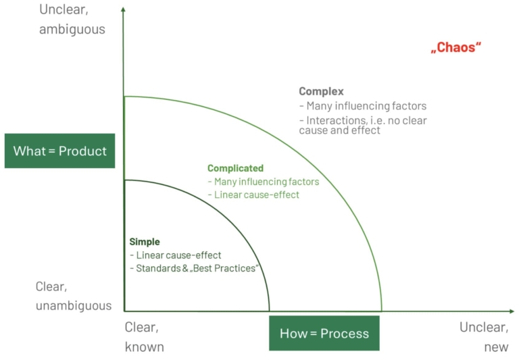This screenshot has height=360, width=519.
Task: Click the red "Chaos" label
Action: pos(458,48)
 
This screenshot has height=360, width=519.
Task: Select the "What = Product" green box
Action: pos(60,151)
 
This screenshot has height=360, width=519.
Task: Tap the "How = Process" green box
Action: pos(324,333)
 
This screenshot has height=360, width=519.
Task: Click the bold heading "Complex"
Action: pos(321,91)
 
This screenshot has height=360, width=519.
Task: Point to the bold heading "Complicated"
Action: pos(235,168)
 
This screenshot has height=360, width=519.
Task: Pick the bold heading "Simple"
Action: pos(145,242)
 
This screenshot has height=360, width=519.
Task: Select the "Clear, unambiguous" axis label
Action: pos(73,296)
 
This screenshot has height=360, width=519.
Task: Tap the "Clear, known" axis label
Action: pos(144,336)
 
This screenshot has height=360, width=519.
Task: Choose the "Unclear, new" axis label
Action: pos(483,336)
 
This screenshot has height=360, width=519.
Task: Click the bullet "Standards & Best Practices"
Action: pos(195,269)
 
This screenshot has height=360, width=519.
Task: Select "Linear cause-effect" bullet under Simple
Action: pos(176,255)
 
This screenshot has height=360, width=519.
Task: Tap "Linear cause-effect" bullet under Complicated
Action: pos(253,195)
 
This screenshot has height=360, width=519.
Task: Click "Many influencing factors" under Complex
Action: pos(363,106)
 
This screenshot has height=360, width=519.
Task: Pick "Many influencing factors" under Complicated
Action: pos(264,182)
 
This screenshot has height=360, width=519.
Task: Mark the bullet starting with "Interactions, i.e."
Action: pos(363,125)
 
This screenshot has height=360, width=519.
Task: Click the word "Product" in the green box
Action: pos(82,151)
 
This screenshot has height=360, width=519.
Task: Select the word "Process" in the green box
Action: pos(344,333)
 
